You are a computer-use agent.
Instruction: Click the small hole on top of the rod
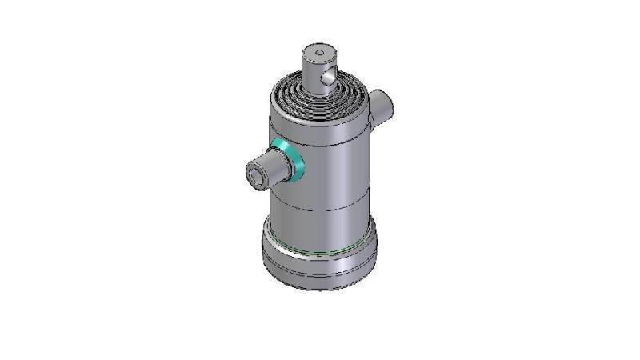319,54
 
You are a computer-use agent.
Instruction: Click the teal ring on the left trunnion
289,158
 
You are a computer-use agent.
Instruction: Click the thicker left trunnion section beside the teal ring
277,165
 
